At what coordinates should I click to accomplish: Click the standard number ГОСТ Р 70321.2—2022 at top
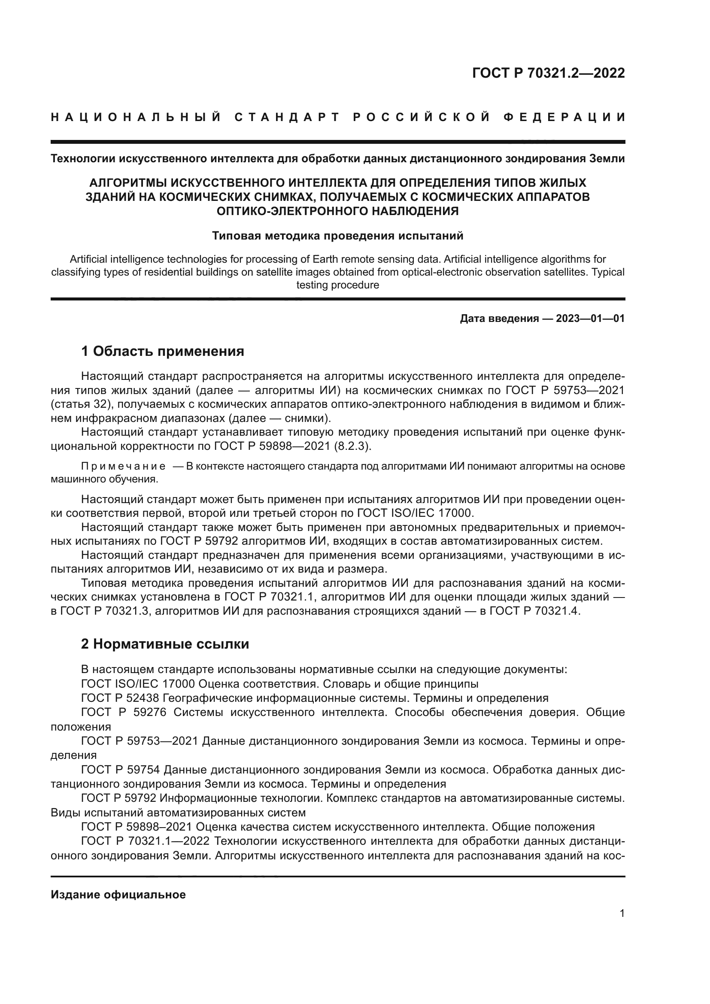[548, 73]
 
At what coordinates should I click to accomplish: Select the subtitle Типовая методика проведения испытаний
[337, 236]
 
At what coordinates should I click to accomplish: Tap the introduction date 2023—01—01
[590, 318]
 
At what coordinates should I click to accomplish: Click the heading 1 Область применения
[163, 351]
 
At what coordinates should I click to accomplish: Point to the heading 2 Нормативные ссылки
[165, 644]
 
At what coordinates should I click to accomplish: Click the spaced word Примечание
[123, 467]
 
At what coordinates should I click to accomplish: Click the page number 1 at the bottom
[622, 913]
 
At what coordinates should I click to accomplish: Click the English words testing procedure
[337, 285]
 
